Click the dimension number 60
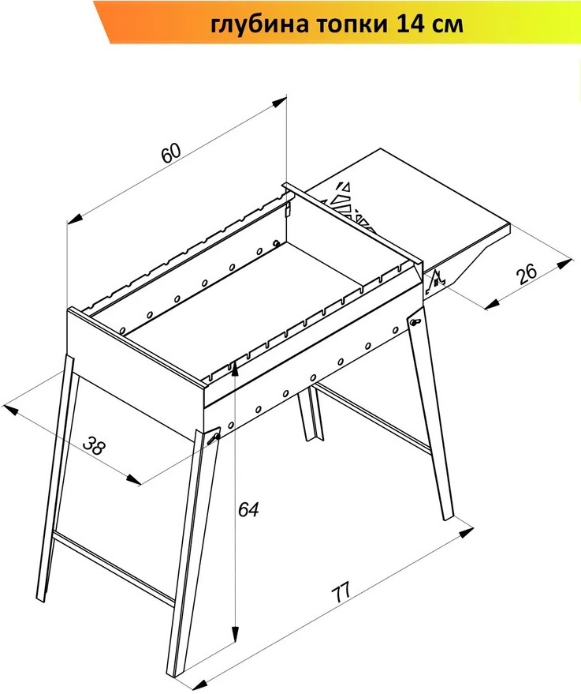tap(171, 153)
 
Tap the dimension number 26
tap(527, 273)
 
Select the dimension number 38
tap(95, 446)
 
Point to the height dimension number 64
tap(248, 509)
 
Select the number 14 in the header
tap(408, 24)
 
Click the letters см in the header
tap(446, 26)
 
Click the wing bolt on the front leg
tap(214, 436)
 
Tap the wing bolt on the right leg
tap(415, 321)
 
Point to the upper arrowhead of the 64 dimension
tap(235, 368)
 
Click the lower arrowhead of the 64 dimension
tap(236, 634)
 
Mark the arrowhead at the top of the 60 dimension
tap(279, 102)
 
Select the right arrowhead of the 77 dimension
tap(466, 531)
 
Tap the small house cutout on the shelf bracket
tap(436, 279)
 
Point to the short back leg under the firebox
tap(310, 414)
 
